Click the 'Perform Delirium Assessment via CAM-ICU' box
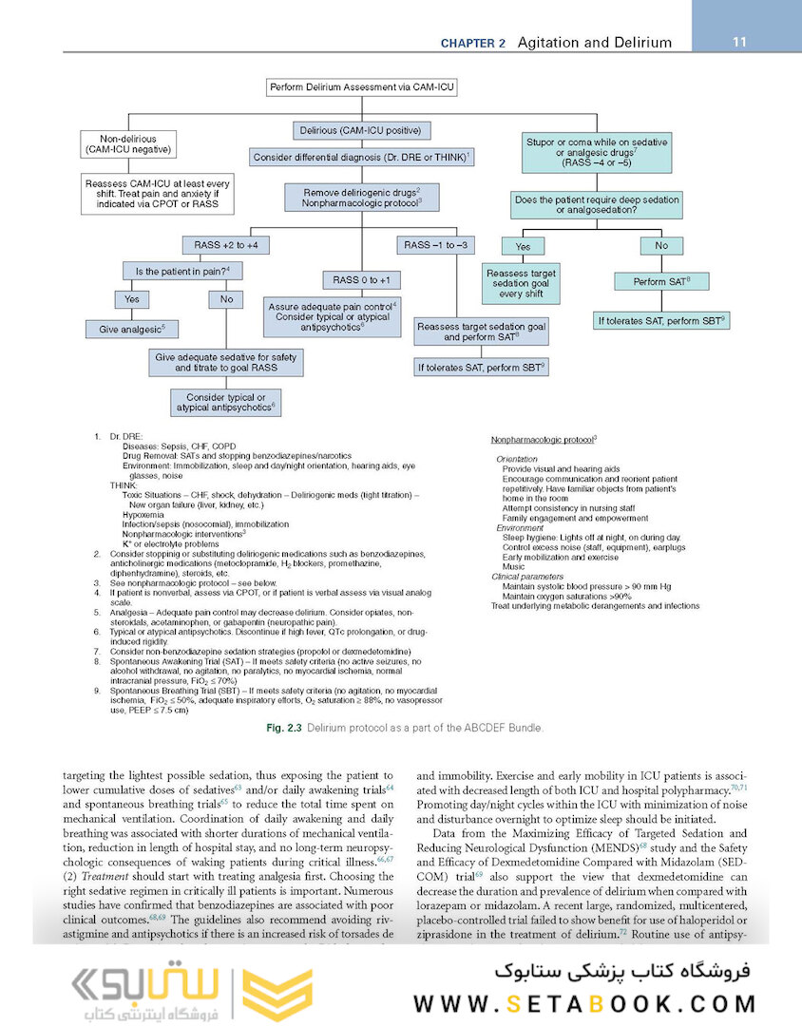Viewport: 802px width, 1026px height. point(361,88)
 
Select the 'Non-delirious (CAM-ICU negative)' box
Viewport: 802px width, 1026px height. point(129,143)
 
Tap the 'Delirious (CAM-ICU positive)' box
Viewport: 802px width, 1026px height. point(361,130)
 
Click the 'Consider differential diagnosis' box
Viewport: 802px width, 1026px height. point(363,157)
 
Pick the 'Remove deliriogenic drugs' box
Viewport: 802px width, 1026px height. point(361,197)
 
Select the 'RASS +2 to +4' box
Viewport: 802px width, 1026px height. point(225,245)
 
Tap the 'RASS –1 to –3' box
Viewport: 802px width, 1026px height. point(435,245)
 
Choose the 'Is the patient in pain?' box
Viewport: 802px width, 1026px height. point(183,271)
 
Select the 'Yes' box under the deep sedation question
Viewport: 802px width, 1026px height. point(522,245)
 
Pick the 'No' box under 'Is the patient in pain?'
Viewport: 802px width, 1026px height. point(226,298)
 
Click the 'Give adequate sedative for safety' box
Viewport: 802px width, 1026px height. point(225,361)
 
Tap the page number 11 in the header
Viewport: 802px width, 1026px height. point(741,42)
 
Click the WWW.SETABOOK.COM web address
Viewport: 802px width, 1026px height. point(584,1003)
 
